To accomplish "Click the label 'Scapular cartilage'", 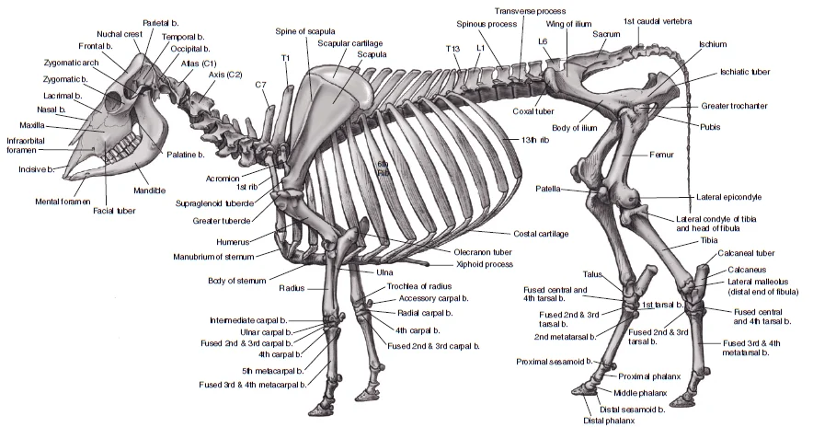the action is pyautogui.click(x=350, y=43).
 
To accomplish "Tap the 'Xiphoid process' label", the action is pyautogui.click(x=485, y=264).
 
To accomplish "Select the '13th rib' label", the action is pyautogui.click(x=535, y=140).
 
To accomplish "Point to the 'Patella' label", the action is pyautogui.click(x=548, y=189).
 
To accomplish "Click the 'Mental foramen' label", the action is pyautogui.click(x=63, y=202).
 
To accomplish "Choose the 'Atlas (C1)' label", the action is pyautogui.click(x=199, y=64).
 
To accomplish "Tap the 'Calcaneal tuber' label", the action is pyautogui.click(x=746, y=253).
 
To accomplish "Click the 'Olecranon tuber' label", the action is pyautogui.click(x=483, y=252).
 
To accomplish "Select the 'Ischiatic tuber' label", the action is pyautogui.click(x=745, y=72).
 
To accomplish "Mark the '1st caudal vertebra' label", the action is pyautogui.click(x=658, y=21).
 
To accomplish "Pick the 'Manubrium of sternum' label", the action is pyautogui.click(x=213, y=257).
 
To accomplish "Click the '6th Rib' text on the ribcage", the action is pyautogui.click(x=383, y=168).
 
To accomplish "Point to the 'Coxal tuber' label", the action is pyautogui.click(x=533, y=111).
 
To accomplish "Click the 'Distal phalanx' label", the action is pyautogui.click(x=609, y=421).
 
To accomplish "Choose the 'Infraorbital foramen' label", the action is pyautogui.click(x=26, y=145).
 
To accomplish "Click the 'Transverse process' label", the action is pyautogui.click(x=530, y=11).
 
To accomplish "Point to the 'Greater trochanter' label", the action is pyautogui.click(x=734, y=106).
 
